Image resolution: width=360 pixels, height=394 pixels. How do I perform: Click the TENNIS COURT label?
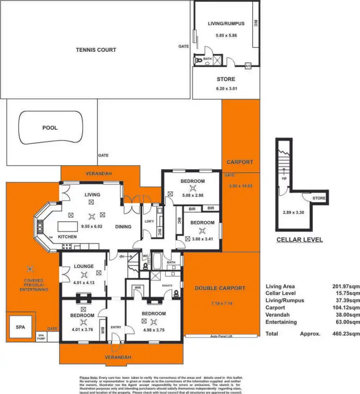96,49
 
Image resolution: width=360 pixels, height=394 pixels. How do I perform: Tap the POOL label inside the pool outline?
50,128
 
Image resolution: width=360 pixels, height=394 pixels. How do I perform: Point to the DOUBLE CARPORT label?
220,288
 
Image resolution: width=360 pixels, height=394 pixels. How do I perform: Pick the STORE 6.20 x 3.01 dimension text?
226,88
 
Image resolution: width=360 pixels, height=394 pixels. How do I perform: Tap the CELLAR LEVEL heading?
299,240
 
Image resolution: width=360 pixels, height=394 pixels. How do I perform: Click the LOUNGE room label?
84,266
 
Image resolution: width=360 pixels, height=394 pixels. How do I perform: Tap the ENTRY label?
116,327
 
